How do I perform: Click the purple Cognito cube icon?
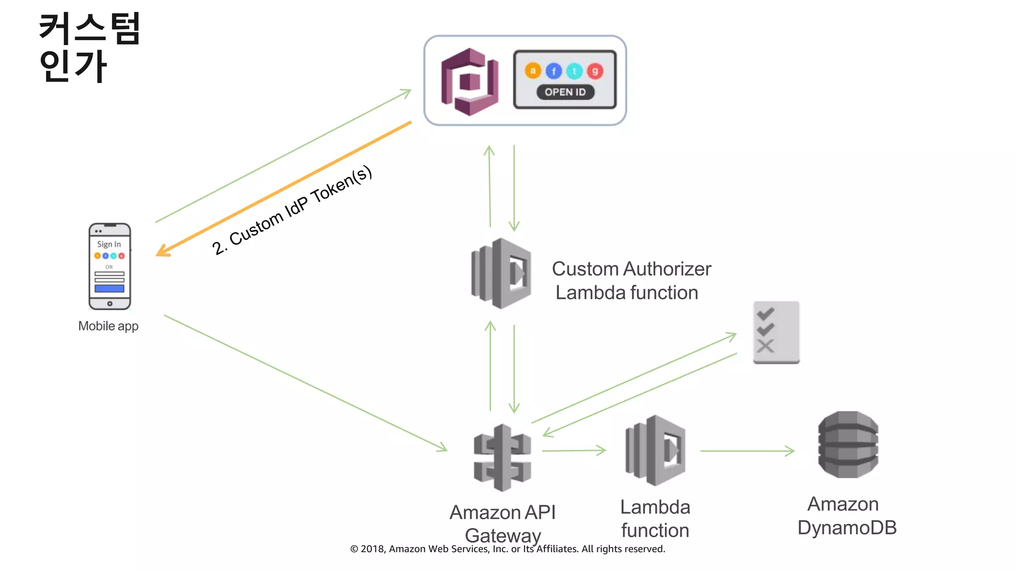coord(469,82)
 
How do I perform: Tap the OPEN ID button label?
coord(565,92)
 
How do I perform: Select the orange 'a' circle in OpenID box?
coord(533,71)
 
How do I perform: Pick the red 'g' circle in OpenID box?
coord(595,71)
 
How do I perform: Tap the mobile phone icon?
coord(110,266)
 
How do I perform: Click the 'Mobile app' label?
coord(108,326)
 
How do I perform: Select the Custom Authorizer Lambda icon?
coord(501,274)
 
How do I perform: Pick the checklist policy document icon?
coord(776,332)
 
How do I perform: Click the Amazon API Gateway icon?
coord(502,457)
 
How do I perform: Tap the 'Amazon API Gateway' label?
coord(503,523)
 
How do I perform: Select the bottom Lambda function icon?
coord(655,450)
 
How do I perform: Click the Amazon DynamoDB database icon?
coord(848,445)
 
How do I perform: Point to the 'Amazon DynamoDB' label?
coord(846,516)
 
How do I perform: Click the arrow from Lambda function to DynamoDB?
coord(747,451)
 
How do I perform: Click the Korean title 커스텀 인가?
coord(89,47)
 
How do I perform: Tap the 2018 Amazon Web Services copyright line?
coord(508,549)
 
